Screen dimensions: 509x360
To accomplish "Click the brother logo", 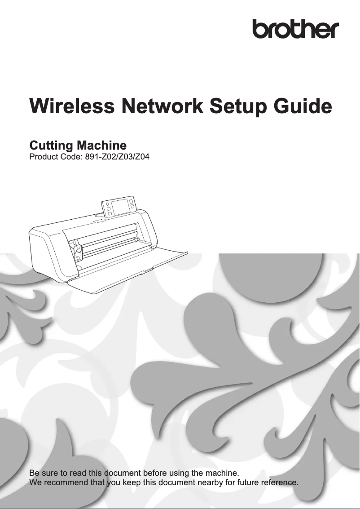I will tap(295, 30).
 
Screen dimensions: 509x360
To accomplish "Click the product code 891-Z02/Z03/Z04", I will tap(114, 158).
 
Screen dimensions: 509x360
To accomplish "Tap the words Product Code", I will tap(53, 158).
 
